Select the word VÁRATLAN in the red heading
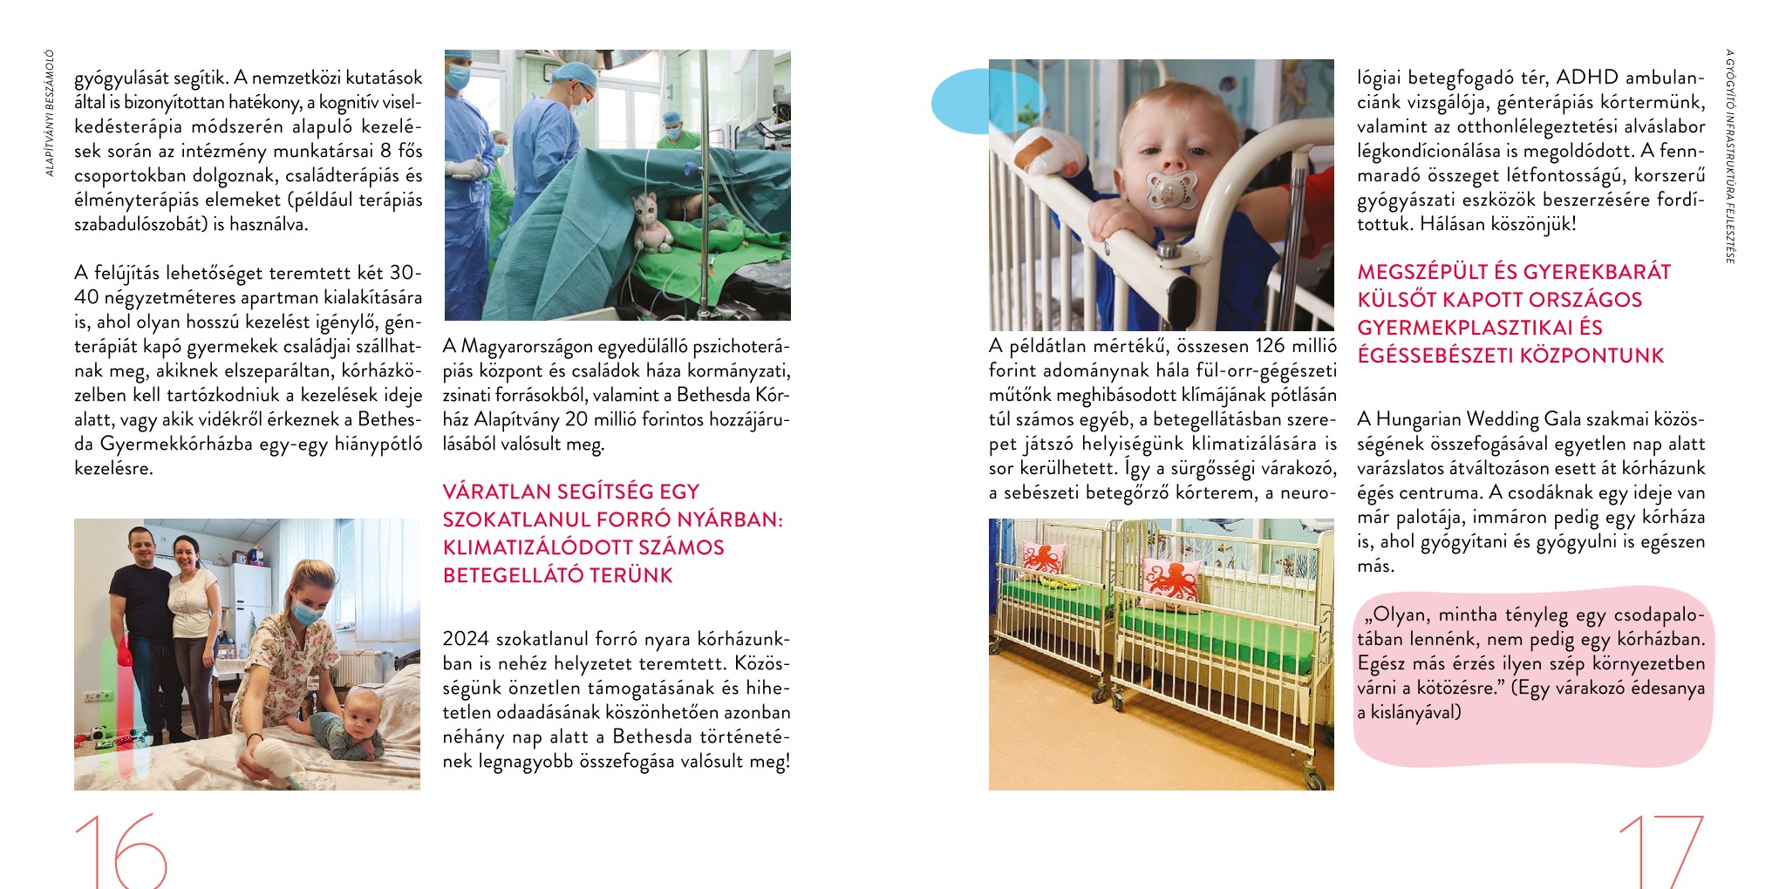pyautogui.click(x=496, y=492)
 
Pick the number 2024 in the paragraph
pyautogui.click(x=466, y=639)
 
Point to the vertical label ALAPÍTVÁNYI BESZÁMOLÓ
pyautogui.click(x=50, y=112)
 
